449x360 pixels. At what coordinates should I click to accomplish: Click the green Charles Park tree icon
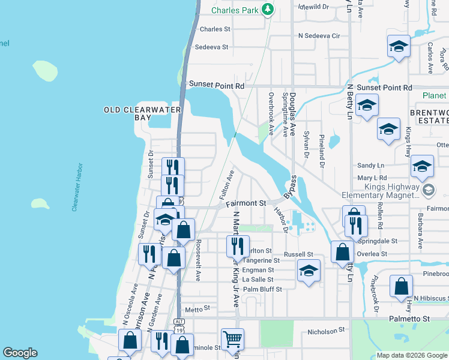(268, 10)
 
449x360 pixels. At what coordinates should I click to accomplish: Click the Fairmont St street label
(246, 204)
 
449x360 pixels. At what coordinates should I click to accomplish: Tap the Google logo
(20, 353)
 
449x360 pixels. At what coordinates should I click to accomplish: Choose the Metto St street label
(197, 309)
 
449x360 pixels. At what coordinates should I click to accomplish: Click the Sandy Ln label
(370, 166)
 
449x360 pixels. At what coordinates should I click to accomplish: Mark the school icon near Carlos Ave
(399, 46)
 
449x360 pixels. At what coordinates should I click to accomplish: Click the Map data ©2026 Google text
(411, 355)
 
